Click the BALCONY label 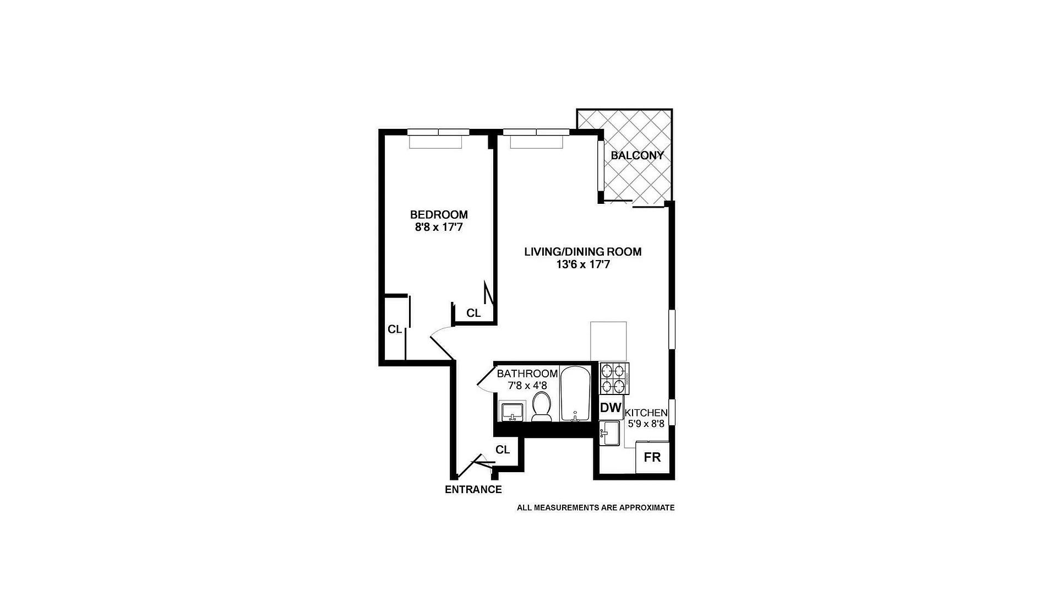637,155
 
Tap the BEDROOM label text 439,214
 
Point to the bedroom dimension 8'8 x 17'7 439,226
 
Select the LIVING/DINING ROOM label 582,252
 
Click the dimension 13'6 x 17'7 582,264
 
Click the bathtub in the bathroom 575,393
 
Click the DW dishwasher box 611,408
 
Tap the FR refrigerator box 652,457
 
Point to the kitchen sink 610,432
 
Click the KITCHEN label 647,413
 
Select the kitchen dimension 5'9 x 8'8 647,424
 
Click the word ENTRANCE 473,489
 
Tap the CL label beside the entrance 503,450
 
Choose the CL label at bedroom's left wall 395,329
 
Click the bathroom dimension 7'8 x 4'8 527,386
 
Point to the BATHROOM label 527,374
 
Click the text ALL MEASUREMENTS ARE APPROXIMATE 595,507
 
